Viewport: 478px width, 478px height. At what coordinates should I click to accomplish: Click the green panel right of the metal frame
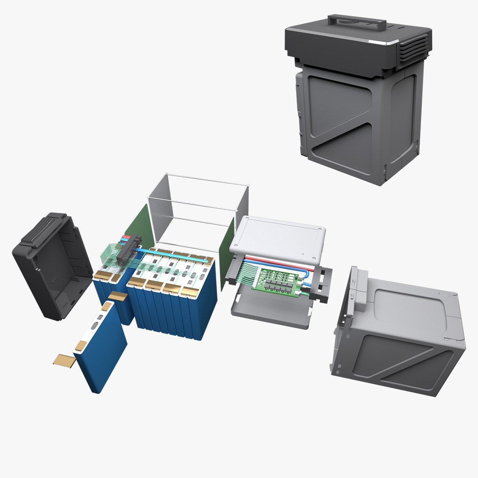coord(227,252)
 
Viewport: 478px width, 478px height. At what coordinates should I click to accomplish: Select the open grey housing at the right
coord(398,336)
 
